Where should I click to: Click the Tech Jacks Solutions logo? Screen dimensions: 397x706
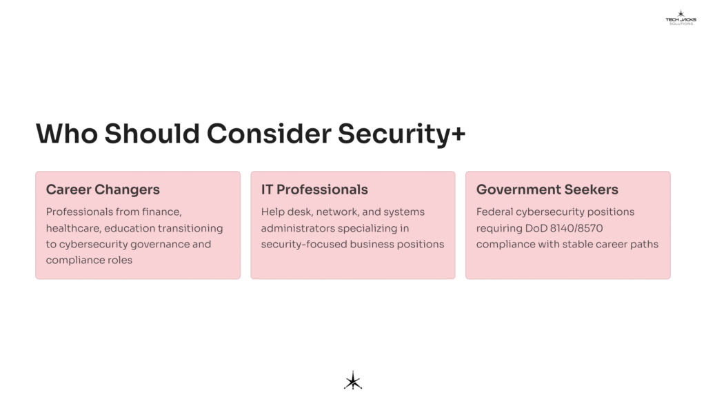[x=680, y=17]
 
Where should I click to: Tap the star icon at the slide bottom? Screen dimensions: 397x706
[x=353, y=380]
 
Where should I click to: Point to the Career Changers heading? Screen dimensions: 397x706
[x=103, y=190]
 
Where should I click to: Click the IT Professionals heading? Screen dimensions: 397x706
[x=314, y=190]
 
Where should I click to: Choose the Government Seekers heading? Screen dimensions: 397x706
[x=547, y=190]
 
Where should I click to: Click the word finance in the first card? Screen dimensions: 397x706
[x=161, y=212]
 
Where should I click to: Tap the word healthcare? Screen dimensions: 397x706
[x=72, y=228]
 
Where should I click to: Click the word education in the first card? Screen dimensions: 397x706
[x=131, y=228]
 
